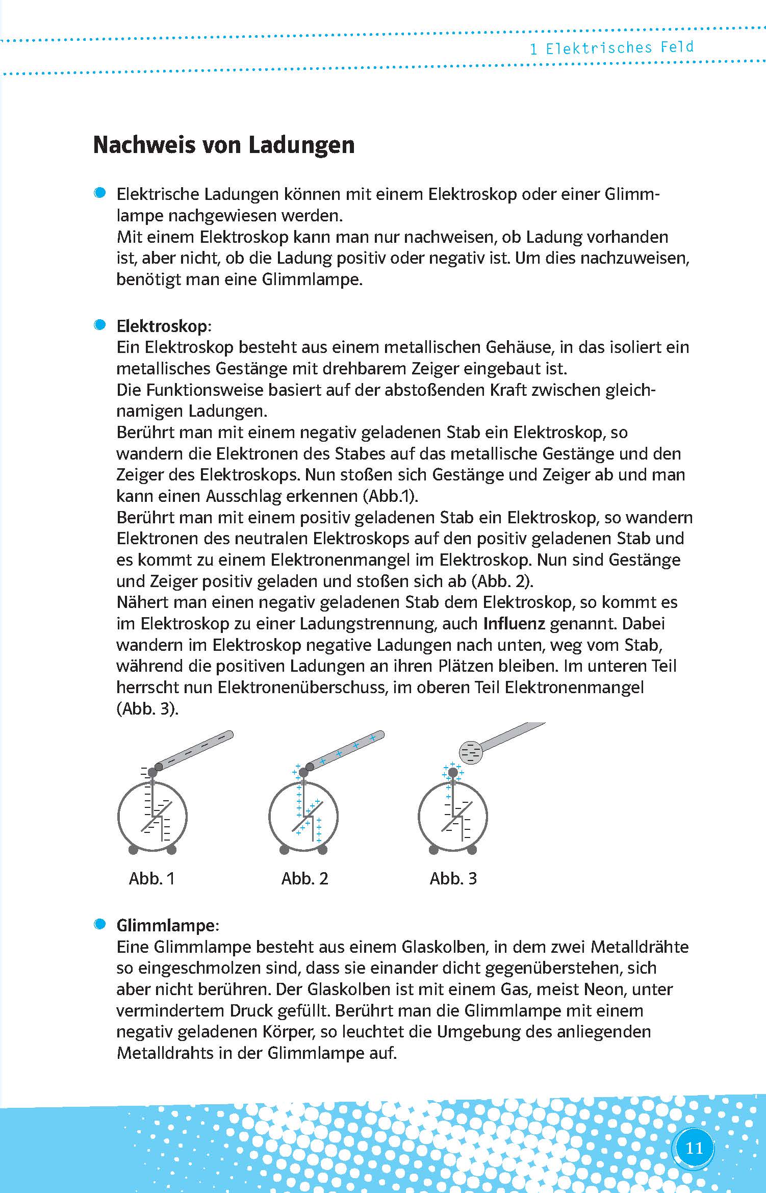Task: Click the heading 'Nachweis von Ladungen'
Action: pyautogui.click(x=223, y=145)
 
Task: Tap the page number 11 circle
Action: pyautogui.click(x=694, y=1148)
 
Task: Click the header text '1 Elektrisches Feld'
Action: pyautogui.click(x=611, y=48)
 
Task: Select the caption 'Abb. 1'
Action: pyautogui.click(x=151, y=878)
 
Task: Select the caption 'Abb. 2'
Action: pyautogui.click(x=304, y=878)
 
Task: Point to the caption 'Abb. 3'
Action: pyautogui.click(x=453, y=878)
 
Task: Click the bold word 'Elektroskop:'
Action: pyautogui.click(x=163, y=326)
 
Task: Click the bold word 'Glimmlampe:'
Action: pyautogui.click(x=167, y=925)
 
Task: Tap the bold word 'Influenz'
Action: pyautogui.click(x=514, y=624)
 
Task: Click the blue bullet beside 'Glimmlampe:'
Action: pyautogui.click(x=100, y=924)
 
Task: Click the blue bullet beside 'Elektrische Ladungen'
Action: pyautogui.click(x=100, y=193)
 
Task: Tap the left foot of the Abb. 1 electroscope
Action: pyautogui.click(x=133, y=849)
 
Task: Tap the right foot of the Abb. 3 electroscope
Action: pyautogui.click(x=472, y=849)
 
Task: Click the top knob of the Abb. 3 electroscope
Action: pyautogui.click(x=452, y=773)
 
